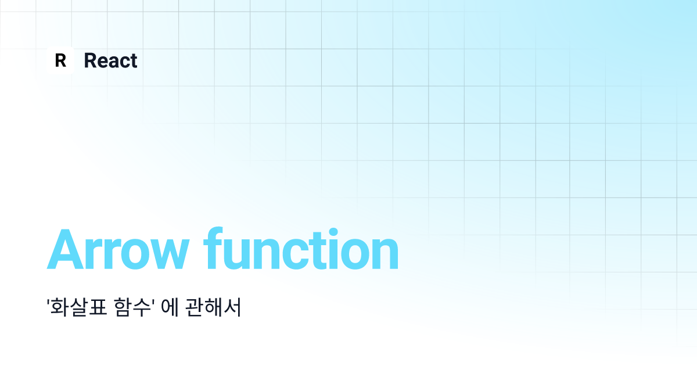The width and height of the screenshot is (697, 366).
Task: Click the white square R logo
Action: click(x=60, y=60)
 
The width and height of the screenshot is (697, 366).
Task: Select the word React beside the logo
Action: click(x=110, y=60)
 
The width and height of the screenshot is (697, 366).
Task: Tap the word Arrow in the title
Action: click(x=118, y=250)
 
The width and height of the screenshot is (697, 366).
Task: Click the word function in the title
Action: click(x=301, y=248)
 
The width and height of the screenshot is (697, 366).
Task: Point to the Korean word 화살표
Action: click(x=79, y=307)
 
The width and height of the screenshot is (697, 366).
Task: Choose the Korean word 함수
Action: click(x=132, y=307)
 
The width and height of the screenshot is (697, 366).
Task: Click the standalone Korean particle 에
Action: click(x=170, y=307)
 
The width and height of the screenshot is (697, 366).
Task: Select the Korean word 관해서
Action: click(x=213, y=307)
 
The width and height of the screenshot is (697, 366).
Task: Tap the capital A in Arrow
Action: click(x=66, y=250)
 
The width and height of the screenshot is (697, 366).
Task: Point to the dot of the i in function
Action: click(x=333, y=232)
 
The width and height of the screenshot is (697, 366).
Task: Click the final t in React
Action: click(x=134, y=61)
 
